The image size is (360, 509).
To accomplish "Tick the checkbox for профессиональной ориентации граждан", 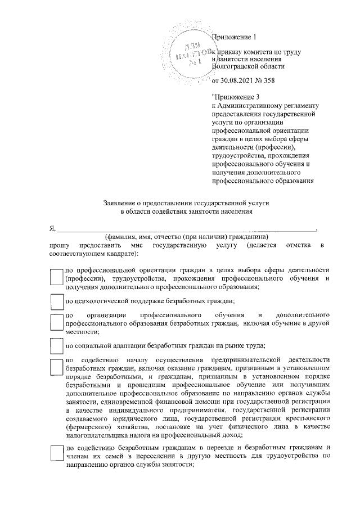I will coord(56,278).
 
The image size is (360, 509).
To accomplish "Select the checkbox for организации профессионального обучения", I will coord(56,322).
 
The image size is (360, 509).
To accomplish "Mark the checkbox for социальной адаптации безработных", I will coord(56,345).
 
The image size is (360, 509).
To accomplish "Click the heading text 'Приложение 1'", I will coord(233,38).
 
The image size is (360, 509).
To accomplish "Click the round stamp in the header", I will coord(186,51).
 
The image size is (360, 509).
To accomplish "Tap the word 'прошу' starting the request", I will coord(59,246).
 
